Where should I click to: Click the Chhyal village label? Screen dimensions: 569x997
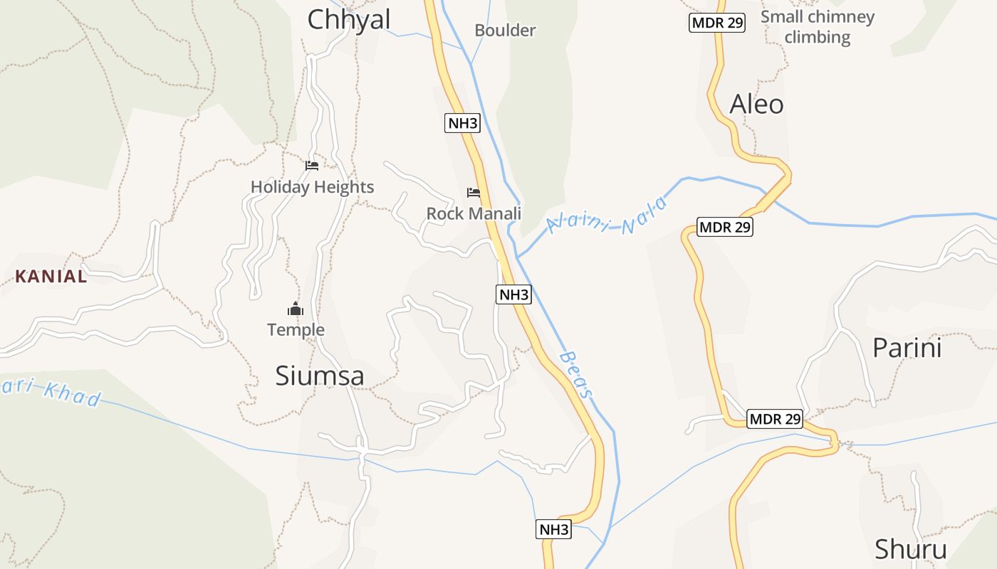coord(348,19)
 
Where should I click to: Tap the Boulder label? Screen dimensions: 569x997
coord(505,31)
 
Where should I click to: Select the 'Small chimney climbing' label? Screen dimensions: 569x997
coord(818,26)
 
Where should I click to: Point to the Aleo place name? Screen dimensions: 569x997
coord(756,105)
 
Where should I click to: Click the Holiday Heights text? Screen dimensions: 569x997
coord(312,187)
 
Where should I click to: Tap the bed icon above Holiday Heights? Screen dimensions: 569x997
coord(312,166)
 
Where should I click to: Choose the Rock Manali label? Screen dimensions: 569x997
coord(474,213)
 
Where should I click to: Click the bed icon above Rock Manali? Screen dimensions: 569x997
coord(474,193)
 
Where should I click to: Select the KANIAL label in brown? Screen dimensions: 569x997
coord(51,277)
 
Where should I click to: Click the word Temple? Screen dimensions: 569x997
coord(296,330)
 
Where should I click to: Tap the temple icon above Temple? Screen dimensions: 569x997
coord(296,309)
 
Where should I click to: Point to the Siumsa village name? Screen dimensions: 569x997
coord(320,376)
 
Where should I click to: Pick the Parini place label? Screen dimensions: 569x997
coord(907,348)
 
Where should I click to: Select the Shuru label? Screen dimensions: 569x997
coord(910,550)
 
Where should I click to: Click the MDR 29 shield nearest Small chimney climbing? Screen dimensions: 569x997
coord(717,23)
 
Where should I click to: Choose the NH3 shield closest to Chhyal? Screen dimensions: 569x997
coord(463,123)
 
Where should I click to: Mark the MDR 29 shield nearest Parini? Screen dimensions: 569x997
coord(775,420)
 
